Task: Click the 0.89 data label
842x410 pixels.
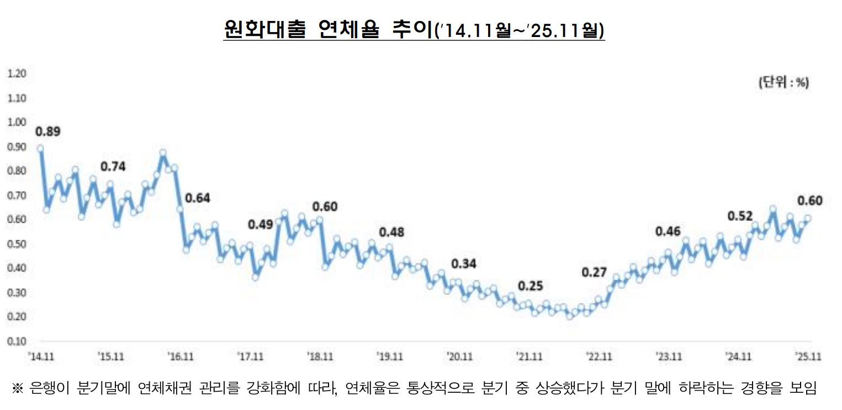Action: pyautogui.click(x=47, y=132)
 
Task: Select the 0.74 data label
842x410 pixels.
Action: pyautogui.click(x=113, y=166)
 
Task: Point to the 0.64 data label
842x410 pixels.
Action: pyautogui.click(x=198, y=198)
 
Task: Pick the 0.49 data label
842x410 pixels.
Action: pyautogui.click(x=261, y=224)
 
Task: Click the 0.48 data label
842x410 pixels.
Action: pyautogui.click(x=391, y=232)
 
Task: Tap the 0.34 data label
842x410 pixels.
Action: pyautogui.click(x=464, y=264)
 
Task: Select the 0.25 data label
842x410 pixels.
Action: pyautogui.click(x=531, y=286)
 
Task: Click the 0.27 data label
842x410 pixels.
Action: pyautogui.click(x=594, y=272)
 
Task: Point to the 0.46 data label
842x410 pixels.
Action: pyautogui.click(x=668, y=232)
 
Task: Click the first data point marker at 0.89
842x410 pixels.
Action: pyautogui.click(x=40, y=148)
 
